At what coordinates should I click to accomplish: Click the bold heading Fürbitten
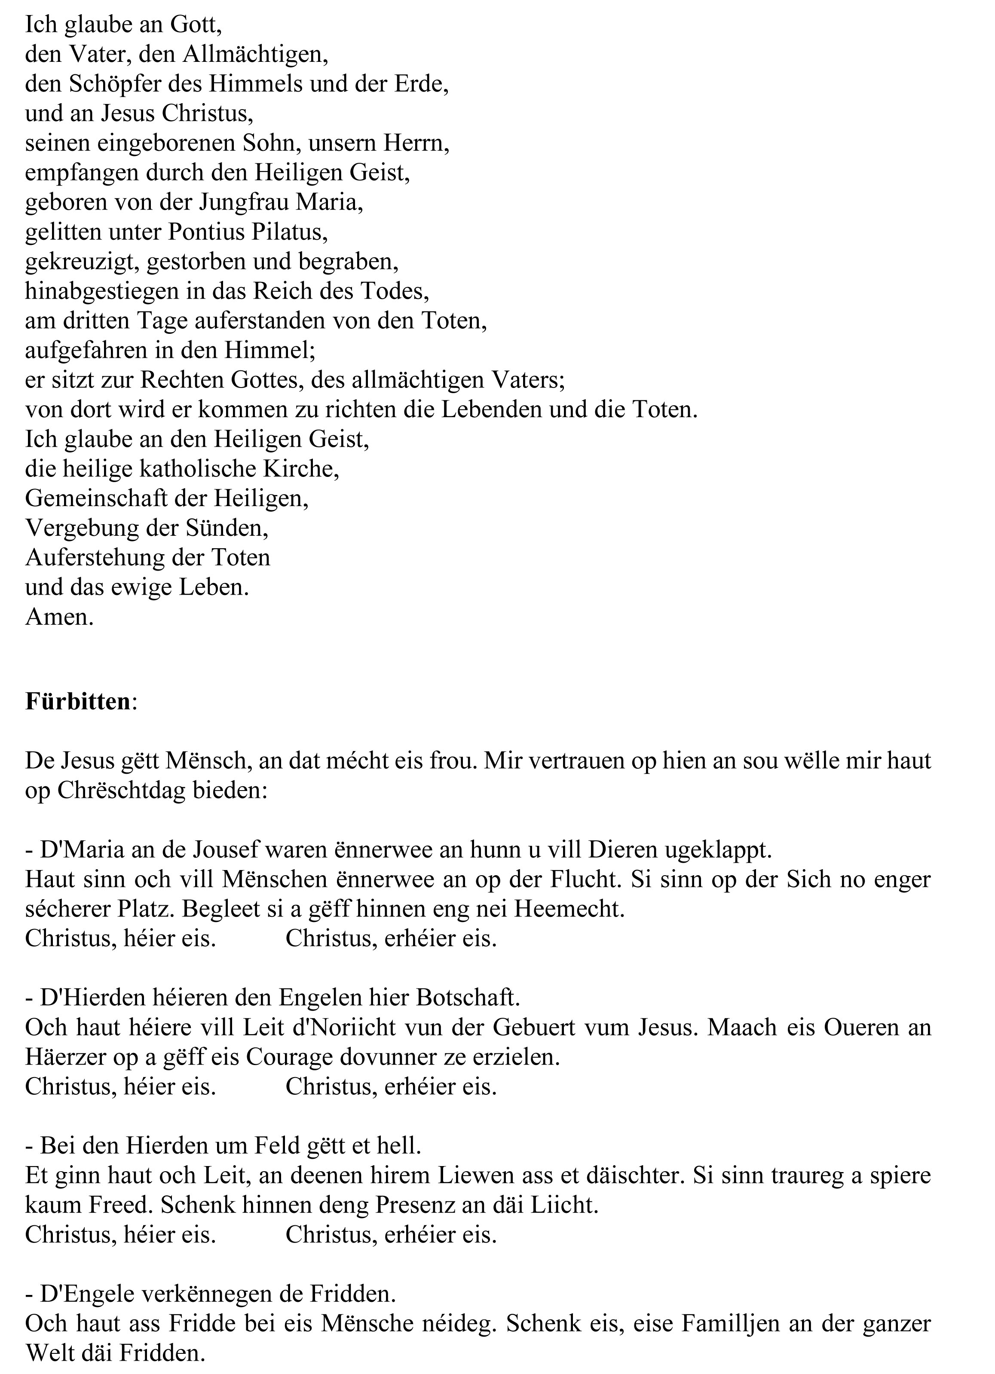click(77, 702)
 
